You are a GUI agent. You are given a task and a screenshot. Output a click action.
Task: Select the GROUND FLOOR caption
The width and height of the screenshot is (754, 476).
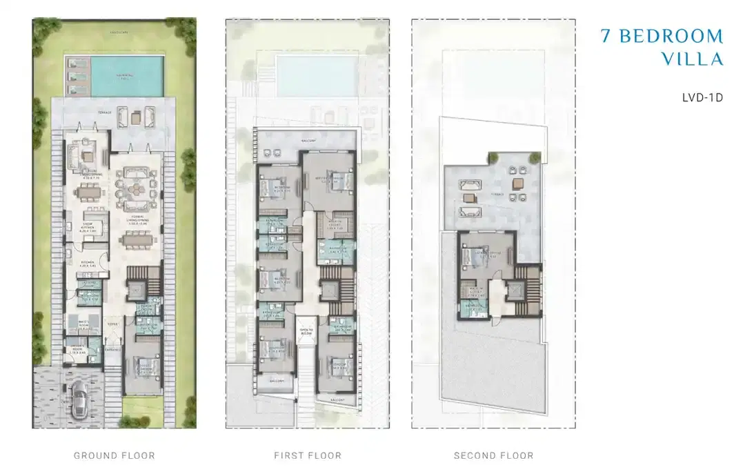115,455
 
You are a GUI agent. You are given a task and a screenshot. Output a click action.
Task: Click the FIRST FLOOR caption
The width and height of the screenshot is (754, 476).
308,455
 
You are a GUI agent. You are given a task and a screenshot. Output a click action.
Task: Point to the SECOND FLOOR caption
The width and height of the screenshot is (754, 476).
493,455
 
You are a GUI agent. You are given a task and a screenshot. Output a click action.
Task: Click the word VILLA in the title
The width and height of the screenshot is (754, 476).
692,59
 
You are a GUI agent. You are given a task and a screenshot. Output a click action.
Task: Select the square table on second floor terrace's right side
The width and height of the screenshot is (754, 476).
517,183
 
